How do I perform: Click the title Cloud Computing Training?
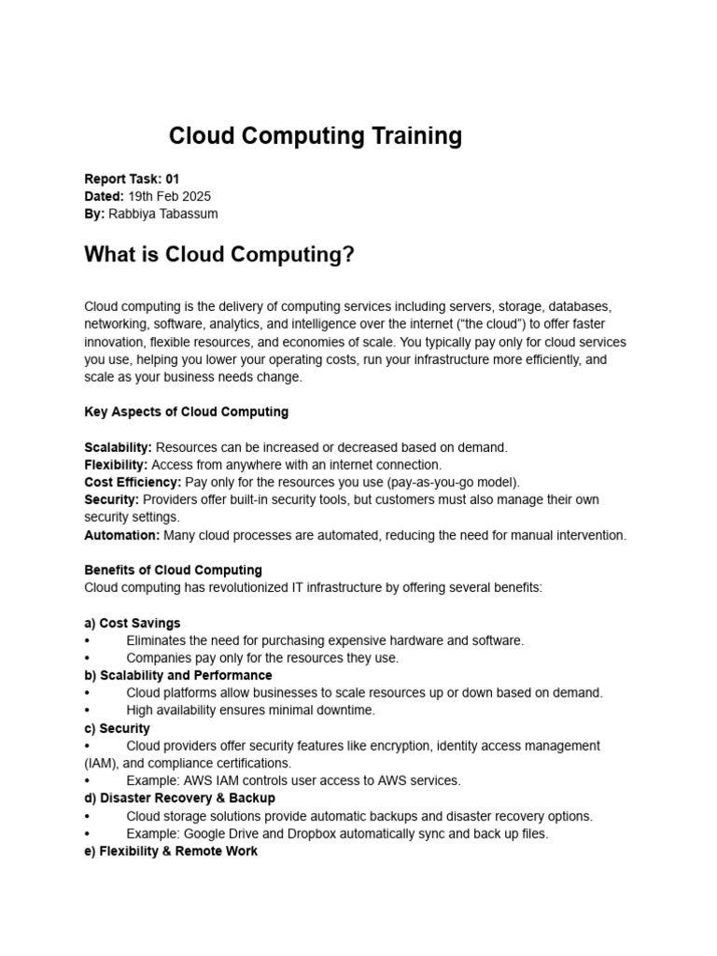coord(315,136)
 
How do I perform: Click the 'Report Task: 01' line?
coord(131,178)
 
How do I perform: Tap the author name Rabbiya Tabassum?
coord(163,214)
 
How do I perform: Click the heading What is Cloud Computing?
coord(219,255)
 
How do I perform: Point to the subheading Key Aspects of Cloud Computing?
coord(186,412)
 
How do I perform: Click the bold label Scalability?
coord(118,447)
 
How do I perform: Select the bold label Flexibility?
coord(116,465)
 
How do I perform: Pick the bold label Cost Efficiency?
coord(133,482)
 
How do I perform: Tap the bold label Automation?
coord(122,535)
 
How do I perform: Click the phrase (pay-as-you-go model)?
coord(448,482)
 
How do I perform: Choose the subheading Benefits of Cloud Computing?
coord(173,569)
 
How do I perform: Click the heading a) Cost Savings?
coord(133,623)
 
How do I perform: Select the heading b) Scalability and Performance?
coord(178,675)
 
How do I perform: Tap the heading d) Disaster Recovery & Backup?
coord(179,798)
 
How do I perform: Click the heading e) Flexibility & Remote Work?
coord(171,851)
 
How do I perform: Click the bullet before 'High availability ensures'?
coord(87,710)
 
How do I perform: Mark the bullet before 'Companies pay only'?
coord(87,658)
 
